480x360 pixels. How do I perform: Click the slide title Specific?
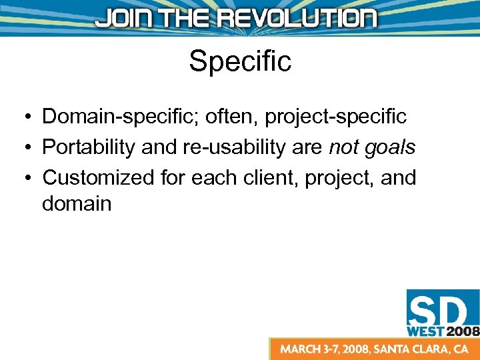pos(240,61)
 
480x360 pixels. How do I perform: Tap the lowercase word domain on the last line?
pos(77,203)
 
